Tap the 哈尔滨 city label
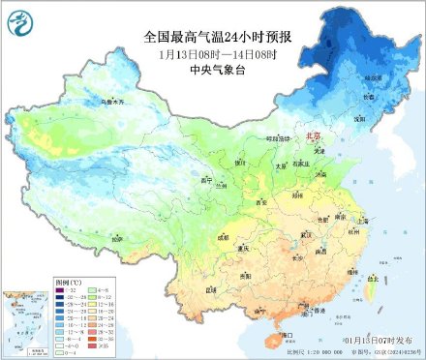pyautogui.click(x=375, y=77)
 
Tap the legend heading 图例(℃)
pyautogui.click(x=70, y=281)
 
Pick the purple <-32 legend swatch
pyautogui.click(x=67, y=289)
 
